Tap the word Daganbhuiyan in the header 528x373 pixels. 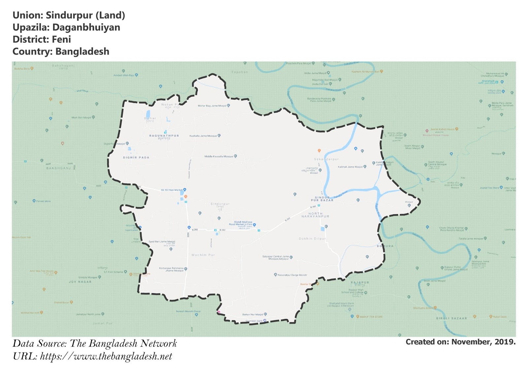click(86, 27)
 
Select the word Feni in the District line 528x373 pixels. click(61, 40)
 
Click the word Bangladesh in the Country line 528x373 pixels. click(82, 52)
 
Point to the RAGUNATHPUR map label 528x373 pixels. click(164, 136)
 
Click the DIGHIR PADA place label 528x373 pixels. click(136, 158)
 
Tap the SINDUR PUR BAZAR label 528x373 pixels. click(322, 199)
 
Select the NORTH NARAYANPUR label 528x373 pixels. click(315, 215)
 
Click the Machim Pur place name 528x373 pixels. click(203, 255)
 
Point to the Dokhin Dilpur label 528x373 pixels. click(312, 238)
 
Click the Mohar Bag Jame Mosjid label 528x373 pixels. click(212, 106)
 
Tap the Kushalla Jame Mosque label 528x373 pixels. click(203, 136)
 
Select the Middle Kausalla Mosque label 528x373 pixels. click(218, 156)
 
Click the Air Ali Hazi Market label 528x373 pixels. click(172, 190)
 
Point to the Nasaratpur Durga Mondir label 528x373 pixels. click(292, 275)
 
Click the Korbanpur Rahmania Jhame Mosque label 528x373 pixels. click(171, 269)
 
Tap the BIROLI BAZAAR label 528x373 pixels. click(451, 318)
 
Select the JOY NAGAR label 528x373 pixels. click(80, 282)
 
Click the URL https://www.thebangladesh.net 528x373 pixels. click(106, 357)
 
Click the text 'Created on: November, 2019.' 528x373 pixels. click(460, 342)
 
